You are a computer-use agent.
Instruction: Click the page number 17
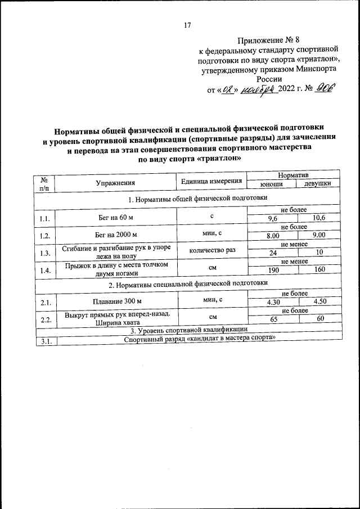pos(188,25)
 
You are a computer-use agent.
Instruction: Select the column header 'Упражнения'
pos(115,182)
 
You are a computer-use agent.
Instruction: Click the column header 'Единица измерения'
pos(211,181)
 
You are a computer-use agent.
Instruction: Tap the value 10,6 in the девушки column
pos(319,218)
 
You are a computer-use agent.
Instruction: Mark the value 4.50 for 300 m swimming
pos(319,303)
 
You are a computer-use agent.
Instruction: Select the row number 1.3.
pos(45,253)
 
